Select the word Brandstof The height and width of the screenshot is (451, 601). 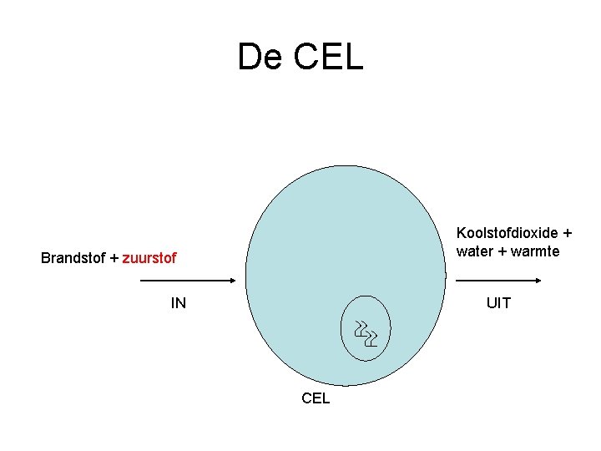(73, 259)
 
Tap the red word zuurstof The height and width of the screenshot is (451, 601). (149, 259)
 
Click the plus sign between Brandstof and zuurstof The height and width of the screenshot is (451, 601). (114, 259)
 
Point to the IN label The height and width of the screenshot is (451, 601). (179, 303)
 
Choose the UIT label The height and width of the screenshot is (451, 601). (498, 303)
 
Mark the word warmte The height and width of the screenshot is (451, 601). (535, 251)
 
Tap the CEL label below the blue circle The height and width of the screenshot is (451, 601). (316, 398)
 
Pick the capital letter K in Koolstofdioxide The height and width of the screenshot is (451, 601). (461, 233)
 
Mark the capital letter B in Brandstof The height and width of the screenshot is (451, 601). (46, 259)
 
